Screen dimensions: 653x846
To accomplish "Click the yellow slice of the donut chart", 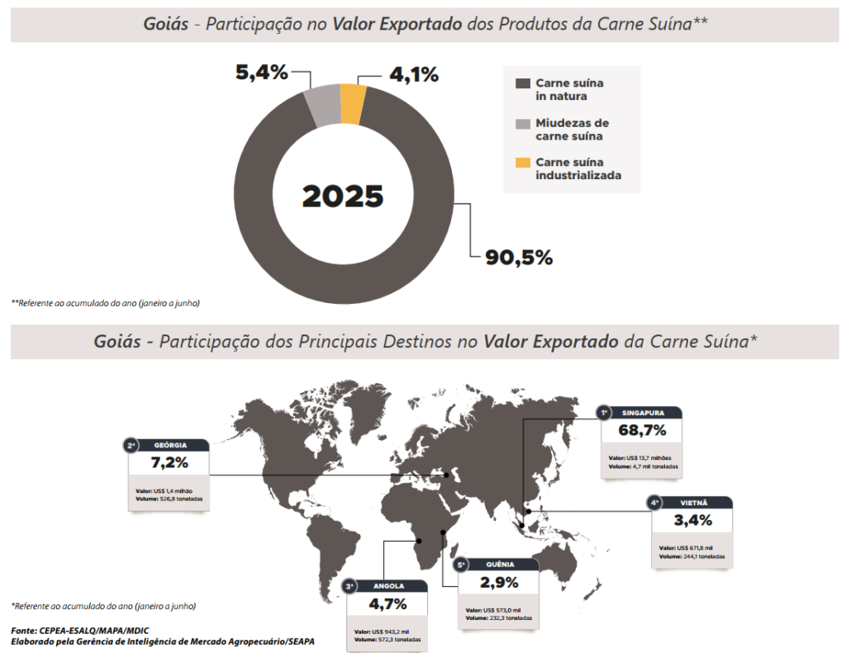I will pyautogui.click(x=353, y=104).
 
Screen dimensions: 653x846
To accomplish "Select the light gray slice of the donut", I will pyautogui.click(x=323, y=106).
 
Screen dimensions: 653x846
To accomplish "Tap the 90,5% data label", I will pyautogui.click(x=519, y=258).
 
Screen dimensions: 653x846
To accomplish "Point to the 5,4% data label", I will pyautogui.click(x=262, y=73).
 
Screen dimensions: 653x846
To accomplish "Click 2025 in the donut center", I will pyautogui.click(x=343, y=196).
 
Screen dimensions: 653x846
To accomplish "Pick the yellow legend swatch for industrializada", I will pyautogui.click(x=522, y=162).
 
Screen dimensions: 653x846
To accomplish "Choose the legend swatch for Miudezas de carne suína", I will pyautogui.click(x=522, y=123).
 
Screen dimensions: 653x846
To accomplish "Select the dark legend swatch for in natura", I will pyautogui.click(x=522, y=83).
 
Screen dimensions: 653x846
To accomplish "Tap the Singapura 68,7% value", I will pyautogui.click(x=642, y=431).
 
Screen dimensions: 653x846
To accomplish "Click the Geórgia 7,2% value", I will pyautogui.click(x=169, y=462).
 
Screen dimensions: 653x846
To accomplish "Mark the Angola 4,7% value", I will pyautogui.click(x=388, y=603).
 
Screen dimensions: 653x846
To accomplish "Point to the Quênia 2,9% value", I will pyautogui.click(x=499, y=582).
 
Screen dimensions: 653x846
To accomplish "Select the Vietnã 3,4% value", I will pyautogui.click(x=692, y=520).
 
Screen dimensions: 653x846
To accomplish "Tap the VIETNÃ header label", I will pyautogui.click(x=694, y=502).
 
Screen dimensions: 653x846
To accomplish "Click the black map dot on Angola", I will pyautogui.click(x=420, y=541).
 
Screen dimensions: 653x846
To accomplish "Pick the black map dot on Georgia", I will pyautogui.click(x=446, y=474).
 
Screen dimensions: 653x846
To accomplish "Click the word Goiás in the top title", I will pyautogui.click(x=165, y=23).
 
